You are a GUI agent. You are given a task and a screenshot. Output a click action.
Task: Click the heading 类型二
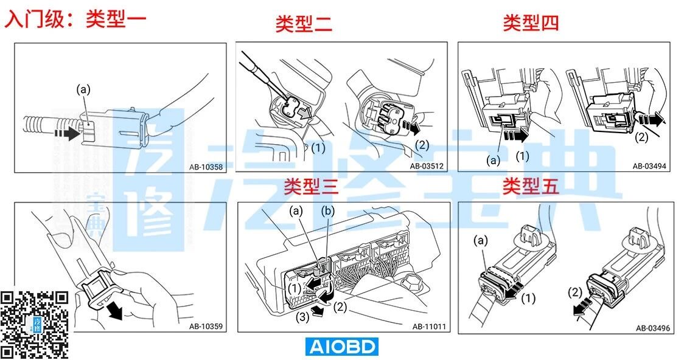click(x=304, y=24)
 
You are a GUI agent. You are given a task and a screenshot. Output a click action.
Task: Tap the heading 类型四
click(x=531, y=22)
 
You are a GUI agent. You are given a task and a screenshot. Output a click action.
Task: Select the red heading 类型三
click(x=311, y=187)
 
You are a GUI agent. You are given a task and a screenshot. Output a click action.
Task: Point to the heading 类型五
click(x=530, y=186)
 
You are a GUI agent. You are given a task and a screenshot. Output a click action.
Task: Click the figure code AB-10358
click(x=206, y=167)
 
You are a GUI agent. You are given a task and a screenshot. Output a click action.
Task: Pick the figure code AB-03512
click(x=427, y=166)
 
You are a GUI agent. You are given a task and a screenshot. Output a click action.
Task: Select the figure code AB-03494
click(x=649, y=166)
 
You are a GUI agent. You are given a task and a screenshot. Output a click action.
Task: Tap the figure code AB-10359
click(x=206, y=327)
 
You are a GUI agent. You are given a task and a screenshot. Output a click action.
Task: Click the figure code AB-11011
click(x=429, y=327)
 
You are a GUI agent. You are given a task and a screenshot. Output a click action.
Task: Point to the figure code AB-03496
click(x=652, y=328)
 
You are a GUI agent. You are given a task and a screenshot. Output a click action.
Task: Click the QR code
click(x=35, y=324)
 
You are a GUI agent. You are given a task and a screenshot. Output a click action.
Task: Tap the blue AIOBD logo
click(x=341, y=347)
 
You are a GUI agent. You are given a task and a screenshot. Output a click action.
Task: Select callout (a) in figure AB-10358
click(x=83, y=90)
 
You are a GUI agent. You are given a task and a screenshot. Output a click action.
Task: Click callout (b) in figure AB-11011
click(x=328, y=212)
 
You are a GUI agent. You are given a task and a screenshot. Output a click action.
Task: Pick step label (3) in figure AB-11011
click(x=302, y=317)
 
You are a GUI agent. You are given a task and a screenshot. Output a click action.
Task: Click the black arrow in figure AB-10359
click(x=114, y=311)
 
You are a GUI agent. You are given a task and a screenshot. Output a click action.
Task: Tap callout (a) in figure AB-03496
click(x=480, y=241)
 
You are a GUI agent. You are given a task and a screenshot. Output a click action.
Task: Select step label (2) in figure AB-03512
click(x=422, y=145)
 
